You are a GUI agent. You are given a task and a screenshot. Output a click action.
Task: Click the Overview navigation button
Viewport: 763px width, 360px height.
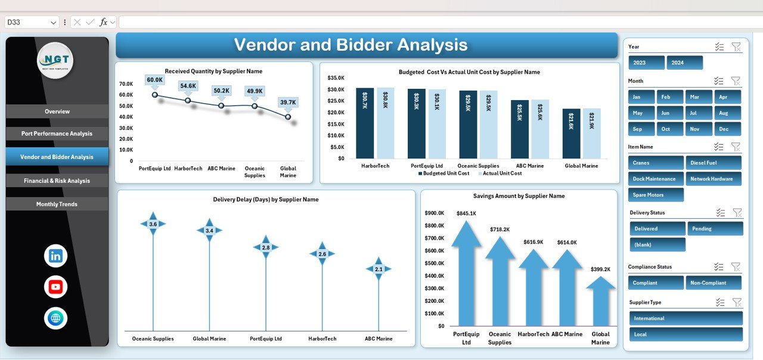(57, 111)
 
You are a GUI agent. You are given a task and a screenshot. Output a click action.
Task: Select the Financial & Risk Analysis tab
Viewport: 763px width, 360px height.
(57, 181)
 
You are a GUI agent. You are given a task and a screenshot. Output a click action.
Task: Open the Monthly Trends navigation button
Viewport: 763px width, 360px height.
(57, 204)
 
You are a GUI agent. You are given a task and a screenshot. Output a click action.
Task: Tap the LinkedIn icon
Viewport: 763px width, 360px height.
(55, 256)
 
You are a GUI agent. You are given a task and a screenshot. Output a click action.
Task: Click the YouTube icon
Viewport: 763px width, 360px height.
(55, 287)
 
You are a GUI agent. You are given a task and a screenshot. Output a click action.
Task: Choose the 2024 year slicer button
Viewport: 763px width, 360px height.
(684, 63)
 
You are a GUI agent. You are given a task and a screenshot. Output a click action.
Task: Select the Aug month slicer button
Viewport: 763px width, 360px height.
(723, 113)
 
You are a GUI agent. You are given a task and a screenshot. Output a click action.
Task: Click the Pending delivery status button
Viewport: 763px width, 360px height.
(715, 228)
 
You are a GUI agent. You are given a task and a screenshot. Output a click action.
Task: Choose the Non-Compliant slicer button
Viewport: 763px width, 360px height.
(713, 283)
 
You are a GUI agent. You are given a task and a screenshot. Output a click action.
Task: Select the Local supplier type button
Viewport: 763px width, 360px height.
(686, 334)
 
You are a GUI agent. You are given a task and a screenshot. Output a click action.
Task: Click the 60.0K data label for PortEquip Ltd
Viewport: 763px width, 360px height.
(154, 80)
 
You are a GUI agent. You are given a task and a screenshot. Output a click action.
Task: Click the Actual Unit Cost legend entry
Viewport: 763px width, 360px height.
(502, 173)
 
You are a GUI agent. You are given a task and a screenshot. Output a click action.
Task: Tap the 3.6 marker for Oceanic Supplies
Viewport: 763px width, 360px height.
(153, 224)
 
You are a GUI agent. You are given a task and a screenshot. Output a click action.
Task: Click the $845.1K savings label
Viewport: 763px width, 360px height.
(466, 213)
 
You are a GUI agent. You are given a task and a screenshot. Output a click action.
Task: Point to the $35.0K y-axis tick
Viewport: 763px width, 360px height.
(336, 77)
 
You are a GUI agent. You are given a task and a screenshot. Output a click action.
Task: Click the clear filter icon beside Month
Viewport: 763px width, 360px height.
(736, 80)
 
